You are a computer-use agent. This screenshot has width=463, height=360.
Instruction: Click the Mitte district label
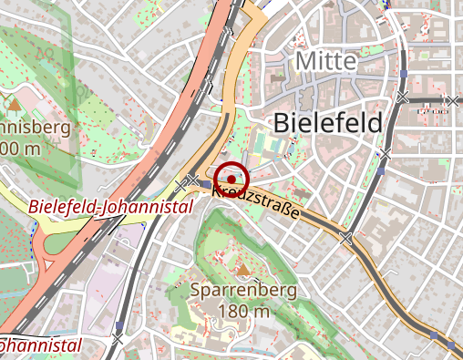point(324,61)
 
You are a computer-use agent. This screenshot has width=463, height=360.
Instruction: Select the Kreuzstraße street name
point(258,202)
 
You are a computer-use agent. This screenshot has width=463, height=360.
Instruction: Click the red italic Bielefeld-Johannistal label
point(110,207)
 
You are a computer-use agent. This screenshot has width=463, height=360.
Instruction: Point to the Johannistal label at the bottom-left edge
point(36,345)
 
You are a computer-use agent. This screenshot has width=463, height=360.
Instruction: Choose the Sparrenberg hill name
point(244,291)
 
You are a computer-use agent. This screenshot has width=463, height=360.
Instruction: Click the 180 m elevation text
point(244,312)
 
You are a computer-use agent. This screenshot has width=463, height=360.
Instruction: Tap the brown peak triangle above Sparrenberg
point(243,269)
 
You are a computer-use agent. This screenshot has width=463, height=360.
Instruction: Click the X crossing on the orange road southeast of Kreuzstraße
point(345,239)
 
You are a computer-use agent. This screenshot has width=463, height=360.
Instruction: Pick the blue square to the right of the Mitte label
point(403,72)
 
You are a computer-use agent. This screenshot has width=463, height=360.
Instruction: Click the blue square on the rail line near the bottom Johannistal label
point(118,324)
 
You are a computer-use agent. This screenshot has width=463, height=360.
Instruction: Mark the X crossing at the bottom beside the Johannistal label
point(116,340)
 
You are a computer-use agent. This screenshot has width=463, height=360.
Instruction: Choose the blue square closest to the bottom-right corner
point(449,345)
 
